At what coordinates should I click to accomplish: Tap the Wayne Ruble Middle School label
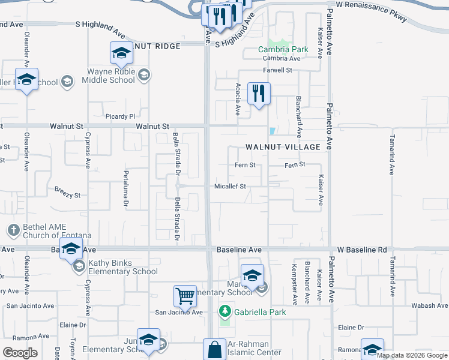coord(108,76)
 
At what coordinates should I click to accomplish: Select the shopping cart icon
coord(185,295)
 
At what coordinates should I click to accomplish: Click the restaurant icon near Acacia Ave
coord(259,94)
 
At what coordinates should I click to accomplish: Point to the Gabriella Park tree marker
coord(224,311)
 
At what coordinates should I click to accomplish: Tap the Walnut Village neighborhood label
coord(283,147)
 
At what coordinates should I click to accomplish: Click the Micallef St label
coord(231,187)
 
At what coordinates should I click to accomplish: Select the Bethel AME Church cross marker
coord(13,230)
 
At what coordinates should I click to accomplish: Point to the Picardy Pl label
coord(116,116)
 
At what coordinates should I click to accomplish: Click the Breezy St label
coord(67,195)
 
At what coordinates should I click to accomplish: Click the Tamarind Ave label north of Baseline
coord(391,158)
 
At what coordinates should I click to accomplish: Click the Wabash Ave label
coord(429,305)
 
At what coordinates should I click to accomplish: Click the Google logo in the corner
coord(20,353)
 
